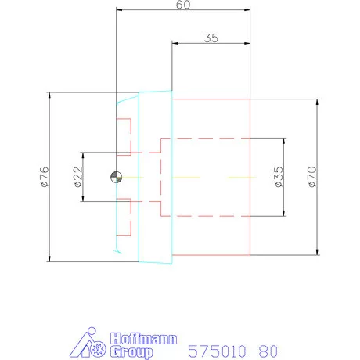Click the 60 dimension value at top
183,5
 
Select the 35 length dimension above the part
211,38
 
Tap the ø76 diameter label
45,177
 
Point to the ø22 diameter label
78,177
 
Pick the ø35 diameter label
279,177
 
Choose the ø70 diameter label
312,177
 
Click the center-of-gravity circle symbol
117,177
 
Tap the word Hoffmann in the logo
143,339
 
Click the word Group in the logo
131,352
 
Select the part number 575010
217,351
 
